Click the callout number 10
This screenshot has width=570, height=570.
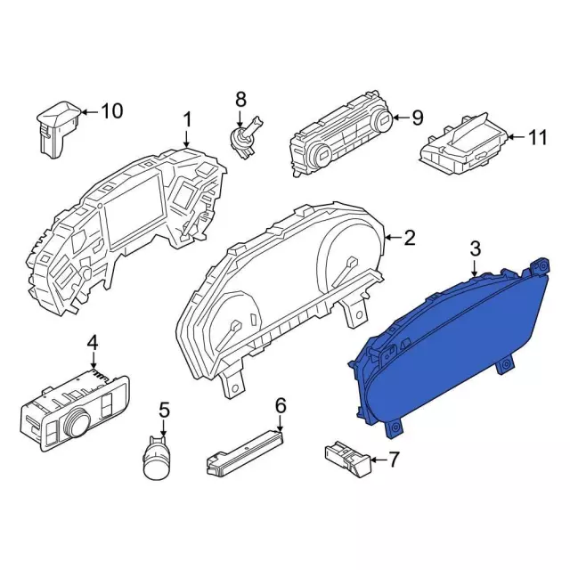coord(111,110)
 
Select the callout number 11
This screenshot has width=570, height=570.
coord(537,137)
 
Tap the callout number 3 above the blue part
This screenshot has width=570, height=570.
coord(476,249)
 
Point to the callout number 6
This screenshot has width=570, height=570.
coord(281,406)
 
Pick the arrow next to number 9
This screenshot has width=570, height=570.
coord(401,117)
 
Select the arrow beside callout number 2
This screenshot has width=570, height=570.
coord(393,238)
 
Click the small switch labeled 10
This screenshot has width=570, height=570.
coord(59,130)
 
